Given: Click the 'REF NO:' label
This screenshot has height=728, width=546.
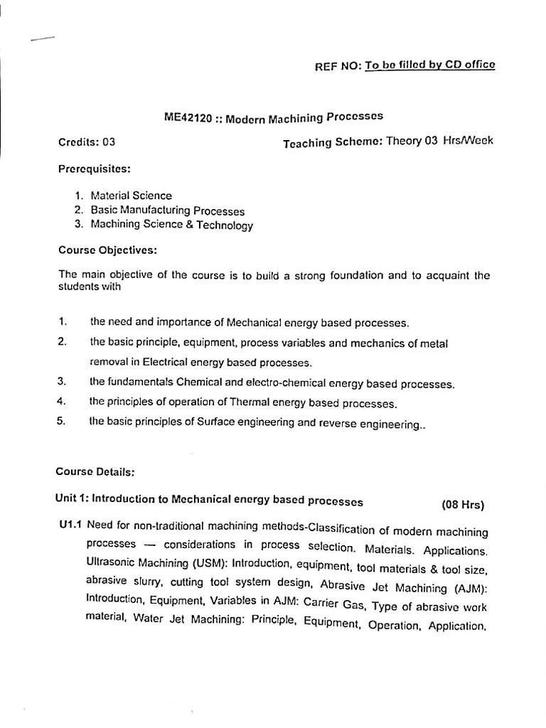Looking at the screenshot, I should coord(338,67).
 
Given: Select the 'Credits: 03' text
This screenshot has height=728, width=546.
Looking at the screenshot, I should coord(86,141).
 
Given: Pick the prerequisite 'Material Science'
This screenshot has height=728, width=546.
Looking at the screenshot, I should coord(131,195).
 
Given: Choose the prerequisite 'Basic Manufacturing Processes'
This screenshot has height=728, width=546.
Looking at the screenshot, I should coord(167,210).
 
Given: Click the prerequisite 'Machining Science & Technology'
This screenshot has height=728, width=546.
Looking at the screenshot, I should coord(171,225).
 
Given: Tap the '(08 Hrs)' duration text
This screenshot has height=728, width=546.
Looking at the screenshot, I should coord(463,505).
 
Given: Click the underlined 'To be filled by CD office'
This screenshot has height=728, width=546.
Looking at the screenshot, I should coord(430,65).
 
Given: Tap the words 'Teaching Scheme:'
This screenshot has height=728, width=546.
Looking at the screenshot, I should coord(332,142).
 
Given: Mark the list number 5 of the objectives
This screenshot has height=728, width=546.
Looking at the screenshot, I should coord(63,421).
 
